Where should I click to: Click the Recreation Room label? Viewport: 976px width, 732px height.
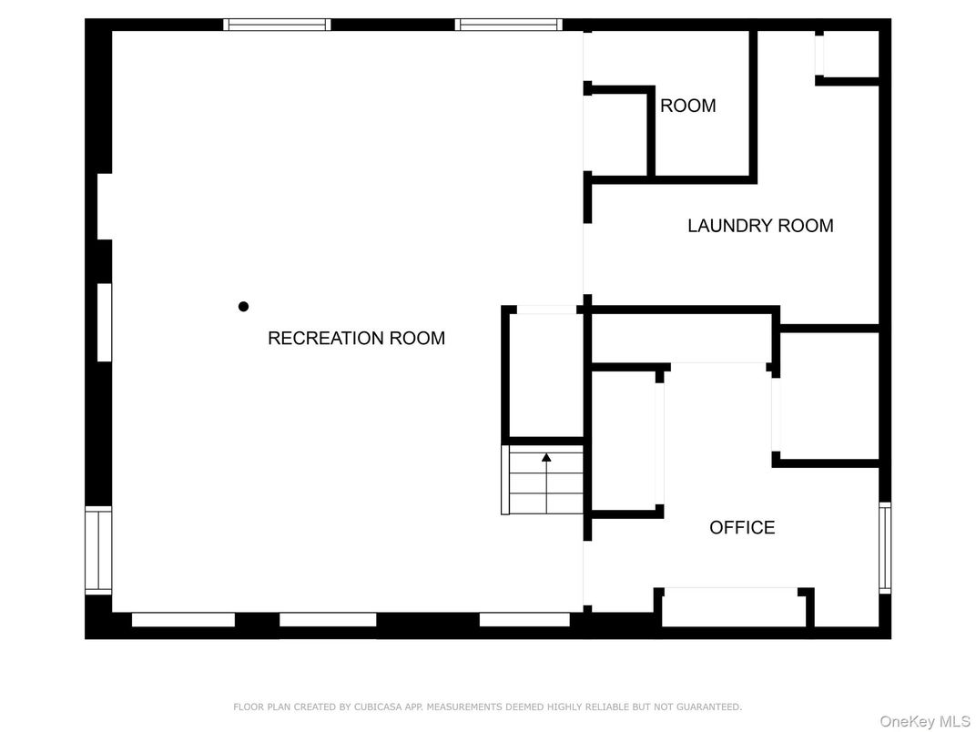[x=356, y=338]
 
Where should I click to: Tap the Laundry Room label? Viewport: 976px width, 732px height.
[x=760, y=225]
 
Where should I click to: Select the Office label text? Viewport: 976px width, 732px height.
[x=742, y=527]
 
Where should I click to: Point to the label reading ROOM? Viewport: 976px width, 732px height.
[x=687, y=106]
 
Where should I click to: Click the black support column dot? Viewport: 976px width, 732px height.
[x=243, y=306]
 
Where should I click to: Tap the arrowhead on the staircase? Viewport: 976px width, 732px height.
[x=546, y=457]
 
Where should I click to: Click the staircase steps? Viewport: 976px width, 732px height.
[x=543, y=480]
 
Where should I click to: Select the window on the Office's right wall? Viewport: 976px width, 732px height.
[x=885, y=548]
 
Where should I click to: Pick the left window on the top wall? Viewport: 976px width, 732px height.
[x=277, y=25]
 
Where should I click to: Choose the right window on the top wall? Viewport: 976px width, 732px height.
[x=509, y=25]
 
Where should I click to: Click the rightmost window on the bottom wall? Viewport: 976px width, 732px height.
[x=524, y=620]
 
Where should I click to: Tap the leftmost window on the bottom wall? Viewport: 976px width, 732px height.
[x=183, y=620]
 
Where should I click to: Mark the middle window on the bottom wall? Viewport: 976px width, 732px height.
[x=328, y=620]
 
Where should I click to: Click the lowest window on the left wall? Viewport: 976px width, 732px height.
[x=98, y=550]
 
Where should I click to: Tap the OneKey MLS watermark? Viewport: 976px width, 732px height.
[x=925, y=721]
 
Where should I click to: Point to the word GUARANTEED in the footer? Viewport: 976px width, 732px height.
[x=709, y=707]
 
